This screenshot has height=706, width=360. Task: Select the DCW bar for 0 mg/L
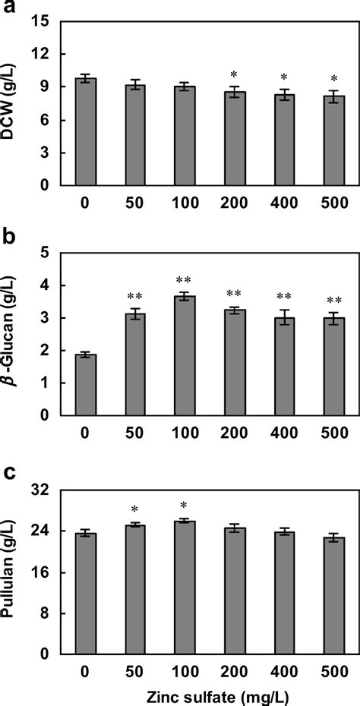tap(85, 132)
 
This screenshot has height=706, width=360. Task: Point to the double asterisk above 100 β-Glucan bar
tap(185, 280)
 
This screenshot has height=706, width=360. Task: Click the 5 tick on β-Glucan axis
tap(47, 253)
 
